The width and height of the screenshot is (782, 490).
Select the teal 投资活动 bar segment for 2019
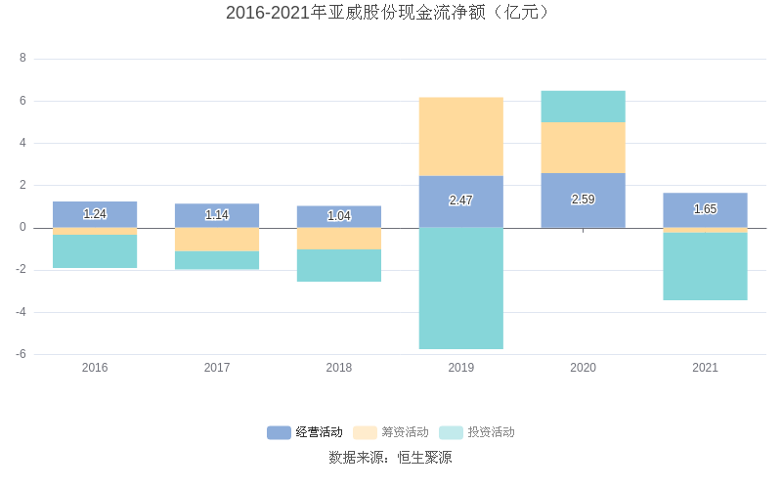[460, 289]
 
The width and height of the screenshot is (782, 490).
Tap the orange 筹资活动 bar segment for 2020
[583, 148]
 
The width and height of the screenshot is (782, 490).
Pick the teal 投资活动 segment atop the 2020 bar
[583, 107]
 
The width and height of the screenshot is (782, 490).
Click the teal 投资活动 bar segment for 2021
[705, 266]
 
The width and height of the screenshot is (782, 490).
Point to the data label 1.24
[95, 214]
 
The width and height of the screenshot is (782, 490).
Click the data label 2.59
[583, 200]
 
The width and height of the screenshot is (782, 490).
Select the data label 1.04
[338, 216]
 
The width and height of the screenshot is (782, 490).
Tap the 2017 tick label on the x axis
[217, 368]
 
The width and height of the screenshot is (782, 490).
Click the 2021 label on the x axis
[705, 368]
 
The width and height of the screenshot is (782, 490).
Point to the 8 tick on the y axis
[22, 59]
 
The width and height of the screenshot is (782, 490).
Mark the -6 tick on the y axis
[21, 354]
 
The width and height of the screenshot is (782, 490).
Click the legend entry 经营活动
[305, 432]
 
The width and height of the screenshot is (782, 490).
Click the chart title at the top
[391, 13]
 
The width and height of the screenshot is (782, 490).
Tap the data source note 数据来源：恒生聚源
[391, 458]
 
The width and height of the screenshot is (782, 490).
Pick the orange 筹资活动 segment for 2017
[217, 240]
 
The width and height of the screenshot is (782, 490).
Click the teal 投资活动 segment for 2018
[338, 266]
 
